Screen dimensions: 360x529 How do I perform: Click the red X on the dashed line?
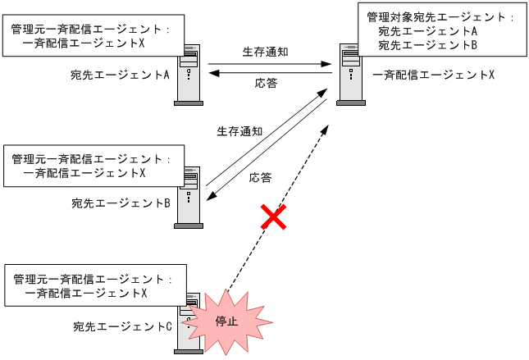coord(273,217)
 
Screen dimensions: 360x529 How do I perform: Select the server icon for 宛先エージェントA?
coord(188,75)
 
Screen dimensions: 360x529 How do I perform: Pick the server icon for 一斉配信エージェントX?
coord(351,75)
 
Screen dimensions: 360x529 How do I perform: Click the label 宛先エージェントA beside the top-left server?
coord(120,75)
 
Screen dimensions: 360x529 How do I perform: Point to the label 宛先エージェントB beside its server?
coord(120,203)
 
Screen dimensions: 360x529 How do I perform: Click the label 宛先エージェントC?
coord(121,327)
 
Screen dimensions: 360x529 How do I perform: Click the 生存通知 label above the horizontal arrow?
coord(265,51)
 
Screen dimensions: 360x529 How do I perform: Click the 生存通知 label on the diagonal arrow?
coord(239,130)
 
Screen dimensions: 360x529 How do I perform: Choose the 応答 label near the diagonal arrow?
coord(260,177)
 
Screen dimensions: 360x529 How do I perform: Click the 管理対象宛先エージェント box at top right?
coord(441,30)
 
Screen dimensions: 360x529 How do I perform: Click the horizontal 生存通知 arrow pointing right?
coord(271,64)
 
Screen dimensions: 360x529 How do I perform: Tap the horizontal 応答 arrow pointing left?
coord(271,74)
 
